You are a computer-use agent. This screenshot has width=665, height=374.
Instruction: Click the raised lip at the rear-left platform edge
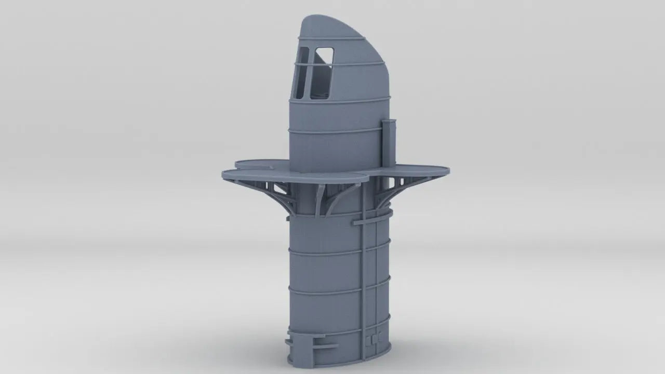click(x=255, y=163)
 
